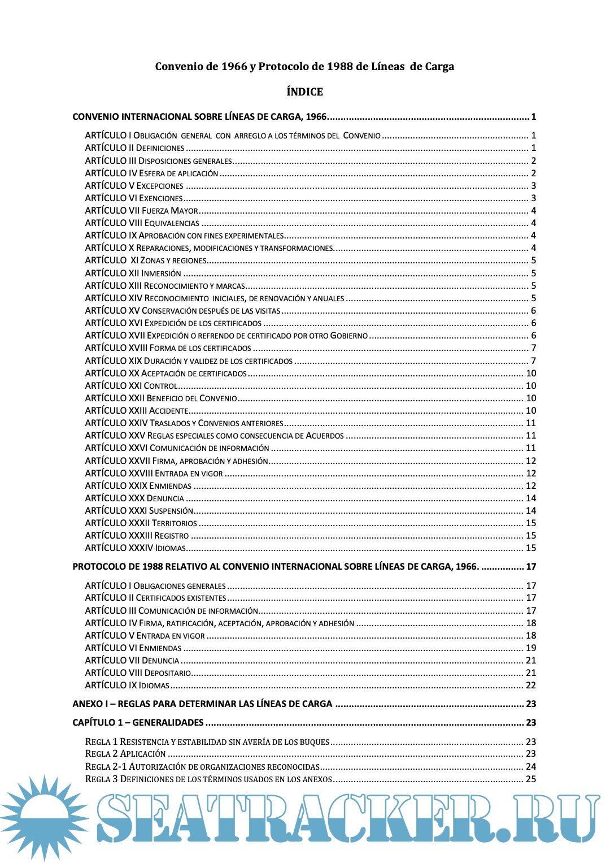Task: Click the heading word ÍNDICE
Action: tap(304, 92)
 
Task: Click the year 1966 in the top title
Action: tap(234, 66)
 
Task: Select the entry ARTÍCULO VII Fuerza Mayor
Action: tap(141, 210)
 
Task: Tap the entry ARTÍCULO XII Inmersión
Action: tap(133, 273)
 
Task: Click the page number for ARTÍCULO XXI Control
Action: tap(531, 385)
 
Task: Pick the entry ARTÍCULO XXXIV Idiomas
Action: tap(135, 548)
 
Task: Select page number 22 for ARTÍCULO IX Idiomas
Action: tap(531, 685)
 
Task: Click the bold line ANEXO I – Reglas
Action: tap(202, 704)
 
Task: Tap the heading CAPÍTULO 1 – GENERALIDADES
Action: tap(138, 722)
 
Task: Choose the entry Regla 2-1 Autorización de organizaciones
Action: tap(202, 766)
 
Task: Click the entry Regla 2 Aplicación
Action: tap(125, 753)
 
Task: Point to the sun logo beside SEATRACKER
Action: tap(44, 817)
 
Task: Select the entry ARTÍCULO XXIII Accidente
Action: tap(136, 410)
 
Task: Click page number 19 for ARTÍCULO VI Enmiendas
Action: tap(531, 648)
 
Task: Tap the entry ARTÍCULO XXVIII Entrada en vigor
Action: tap(154, 473)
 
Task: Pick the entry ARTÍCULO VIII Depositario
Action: tap(138, 673)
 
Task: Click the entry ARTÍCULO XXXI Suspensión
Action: tap(139, 510)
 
